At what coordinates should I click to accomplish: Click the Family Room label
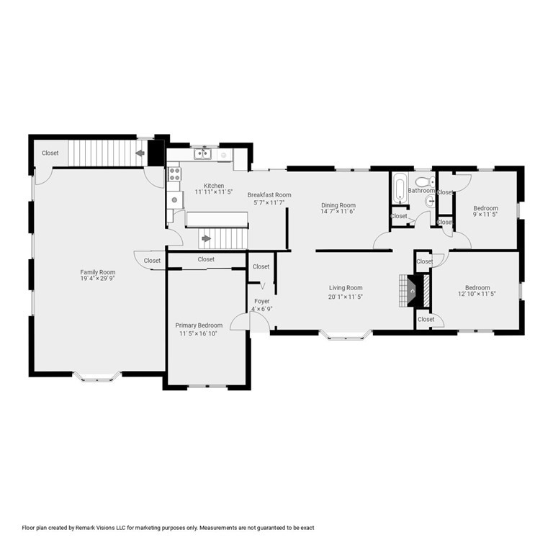98,272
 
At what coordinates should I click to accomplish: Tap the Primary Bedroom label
199,325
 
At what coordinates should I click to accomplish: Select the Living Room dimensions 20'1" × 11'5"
346,297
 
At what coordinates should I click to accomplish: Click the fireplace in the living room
415,291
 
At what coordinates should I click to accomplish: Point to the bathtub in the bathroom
400,189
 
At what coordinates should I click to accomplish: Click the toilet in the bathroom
426,182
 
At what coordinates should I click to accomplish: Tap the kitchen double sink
202,154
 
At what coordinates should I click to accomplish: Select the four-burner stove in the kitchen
174,174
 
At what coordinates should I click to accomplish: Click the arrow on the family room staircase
140,153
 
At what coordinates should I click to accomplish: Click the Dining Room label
338,205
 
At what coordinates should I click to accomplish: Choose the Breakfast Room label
269,194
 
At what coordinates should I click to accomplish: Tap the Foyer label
262,301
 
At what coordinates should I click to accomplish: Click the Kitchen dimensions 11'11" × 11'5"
214,192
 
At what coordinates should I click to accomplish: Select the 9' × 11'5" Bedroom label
485,211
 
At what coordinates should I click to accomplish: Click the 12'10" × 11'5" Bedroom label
477,291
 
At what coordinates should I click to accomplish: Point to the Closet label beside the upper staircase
50,153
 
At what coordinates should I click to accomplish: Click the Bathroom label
421,190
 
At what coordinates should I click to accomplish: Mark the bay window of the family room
97,377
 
